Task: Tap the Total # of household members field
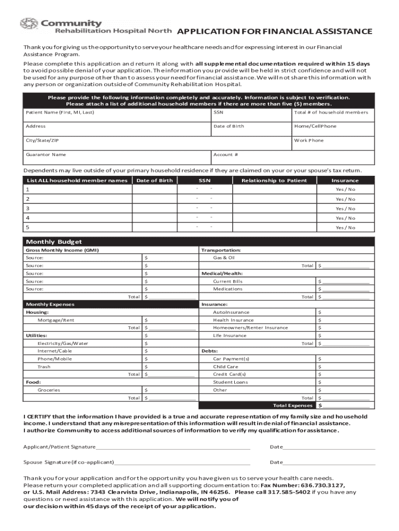click(332, 116)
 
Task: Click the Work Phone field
click(332, 144)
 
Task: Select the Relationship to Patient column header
click(274, 180)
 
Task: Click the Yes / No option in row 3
click(345, 208)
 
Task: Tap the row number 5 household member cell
click(78, 227)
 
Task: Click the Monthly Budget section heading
click(54, 242)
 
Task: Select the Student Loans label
click(230, 382)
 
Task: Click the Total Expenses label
click(293, 406)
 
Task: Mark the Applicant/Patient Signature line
click(173, 446)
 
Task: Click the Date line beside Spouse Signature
click(329, 462)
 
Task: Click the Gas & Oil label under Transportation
click(224, 258)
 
